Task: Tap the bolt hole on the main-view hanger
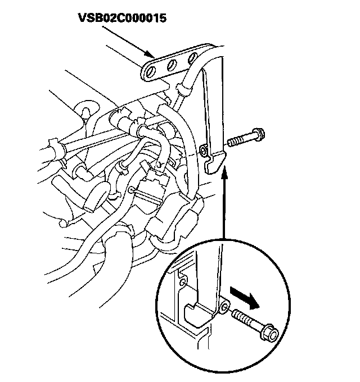[x=204, y=151]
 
